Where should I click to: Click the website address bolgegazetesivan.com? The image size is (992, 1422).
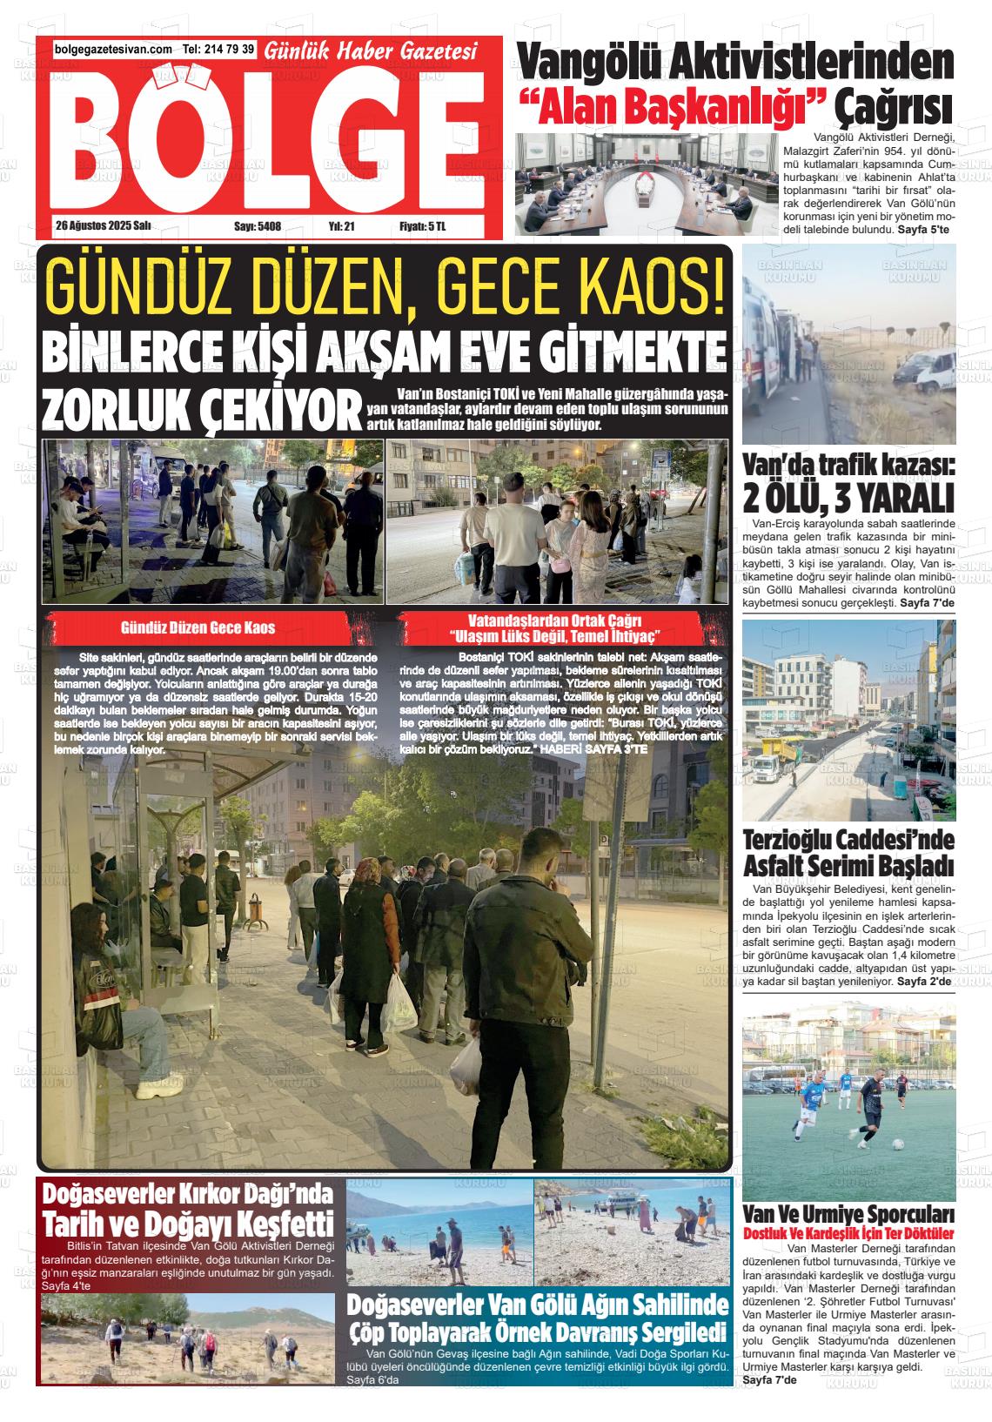pyautogui.click(x=113, y=50)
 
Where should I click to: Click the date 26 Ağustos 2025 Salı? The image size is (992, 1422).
pyautogui.click(x=103, y=225)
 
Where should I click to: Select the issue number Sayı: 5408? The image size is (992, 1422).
pyautogui.click(x=258, y=225)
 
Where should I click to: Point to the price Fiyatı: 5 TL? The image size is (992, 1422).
pyautogui.click(x=422, y=225)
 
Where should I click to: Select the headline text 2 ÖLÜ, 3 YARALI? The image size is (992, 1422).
pyautogui.click(x=848, y=499)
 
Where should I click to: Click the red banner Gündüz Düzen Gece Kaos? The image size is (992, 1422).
pyautogui.click(x=198, y=627)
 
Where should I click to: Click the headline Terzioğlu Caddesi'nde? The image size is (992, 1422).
pyautogui.click(x=848, y=842)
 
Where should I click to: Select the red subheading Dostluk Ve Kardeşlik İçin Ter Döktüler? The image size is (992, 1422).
pyautogui.click(x=848, y=1233)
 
